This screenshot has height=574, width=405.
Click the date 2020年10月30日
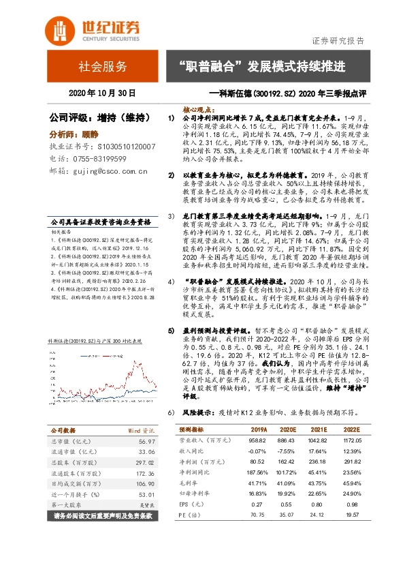(x=103, y=93)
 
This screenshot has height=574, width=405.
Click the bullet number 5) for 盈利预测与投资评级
(x=172, y=329)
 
